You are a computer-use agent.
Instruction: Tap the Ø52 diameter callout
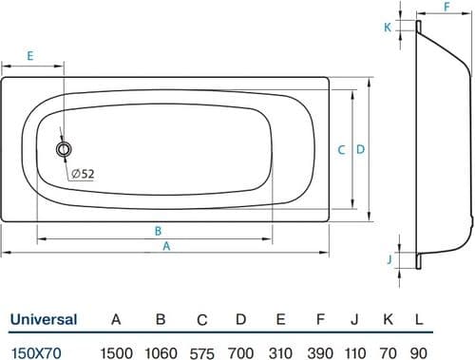pyautogui.click(x=83, y=174)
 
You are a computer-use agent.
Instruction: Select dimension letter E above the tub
pyautogui.click(x=30, y=56)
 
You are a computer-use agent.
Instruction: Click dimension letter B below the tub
pyautogui.click(x=158, y=231)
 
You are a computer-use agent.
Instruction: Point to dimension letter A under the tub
pyautogui.click(x=166, y=246)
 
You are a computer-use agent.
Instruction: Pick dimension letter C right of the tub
pyautogui.click(x=341, y=150)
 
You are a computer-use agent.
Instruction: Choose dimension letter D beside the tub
pyautogui.click(x=360, y=149)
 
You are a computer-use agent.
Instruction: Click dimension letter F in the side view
pyautogui.click(x=446, y=7)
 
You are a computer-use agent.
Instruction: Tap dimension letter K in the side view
pyautogui.click(x=388, y=28)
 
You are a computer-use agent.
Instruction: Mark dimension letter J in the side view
pyautogui.click(x=389, y=259)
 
